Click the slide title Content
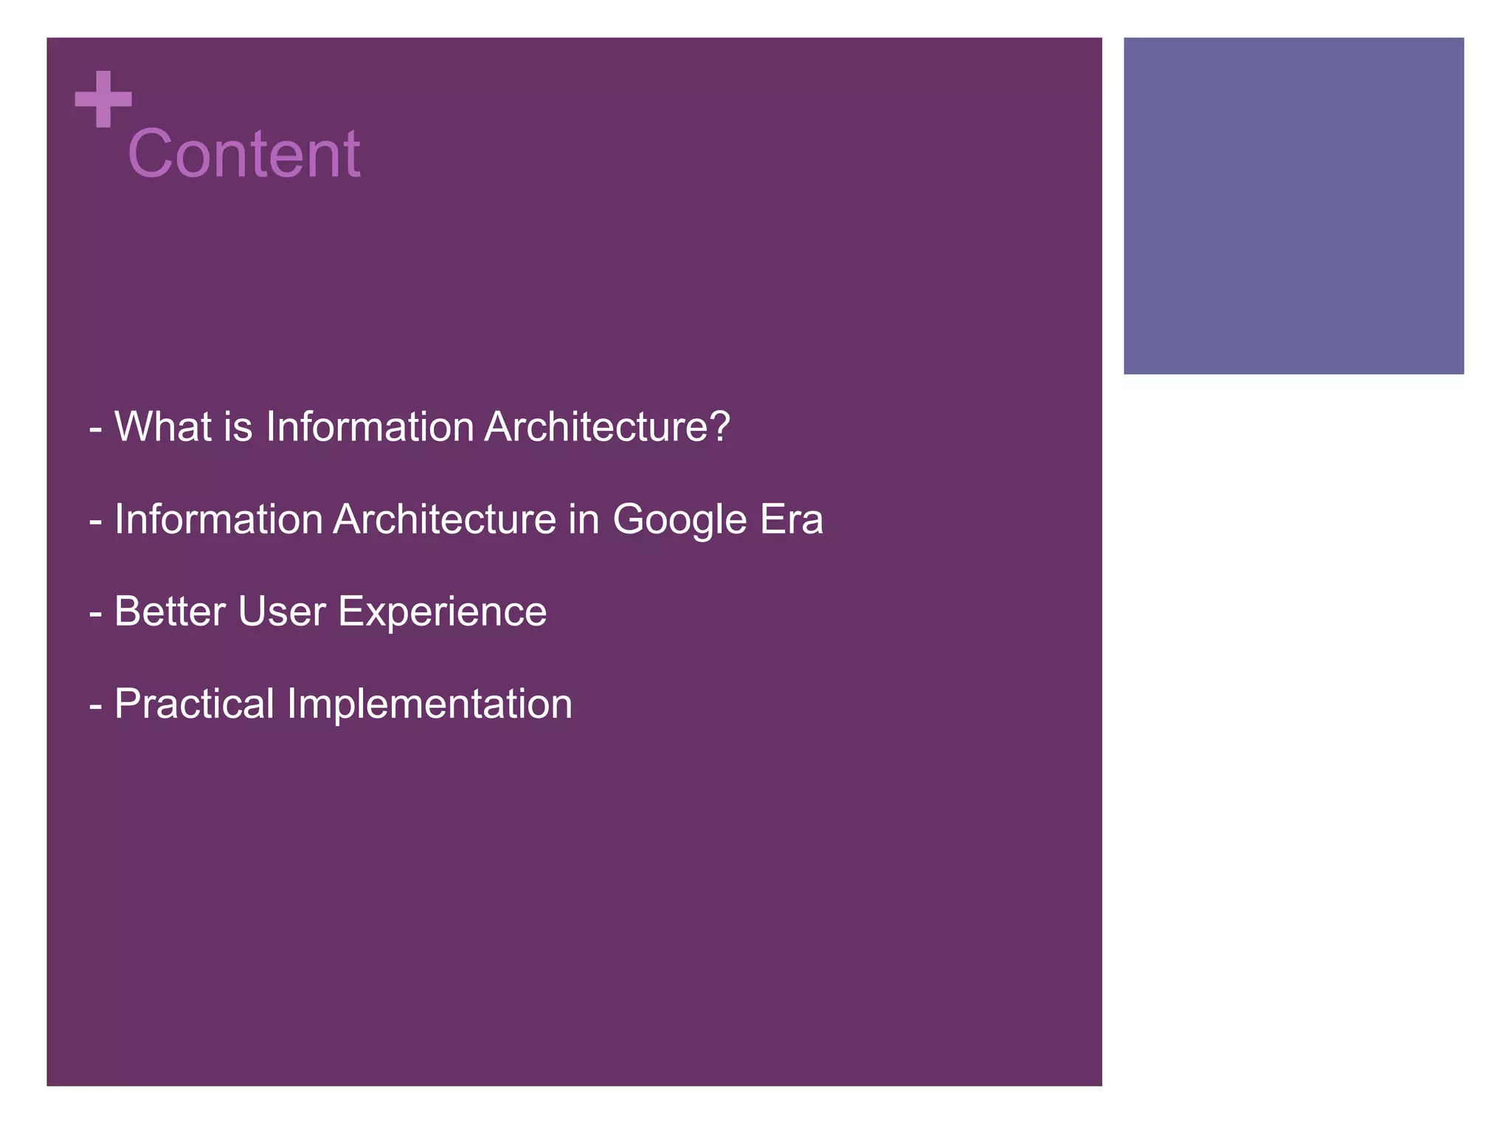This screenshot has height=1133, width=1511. pyautogui.click(x=243, y=153)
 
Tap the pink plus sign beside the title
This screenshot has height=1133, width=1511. pyautogui.click(x=103, y=99)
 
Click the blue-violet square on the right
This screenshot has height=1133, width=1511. pyautogui.click(x=1293, y=206)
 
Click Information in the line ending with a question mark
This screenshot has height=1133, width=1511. pyautogui.click(x=370, y=426)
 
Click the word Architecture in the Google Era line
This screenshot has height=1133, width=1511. pyautogui.click(x=444, y=519)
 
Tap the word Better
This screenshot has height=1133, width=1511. pyautogui.click(x=170, y=611)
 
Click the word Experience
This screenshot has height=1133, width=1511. pyautogui.click(x=442, y=612)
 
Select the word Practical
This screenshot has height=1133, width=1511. pyautogui.click(x=194, y=703)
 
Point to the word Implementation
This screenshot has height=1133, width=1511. pyautogui.click(x=429, y=704)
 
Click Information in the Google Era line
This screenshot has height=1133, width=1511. pyautogui.click(x=218, y=519)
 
